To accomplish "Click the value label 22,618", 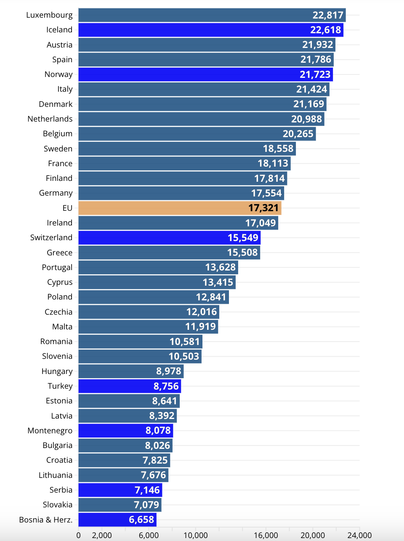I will point(325,30).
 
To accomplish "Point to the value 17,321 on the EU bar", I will point(263,208).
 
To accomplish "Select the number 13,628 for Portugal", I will point(220,267).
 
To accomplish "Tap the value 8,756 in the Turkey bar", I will point(166,386).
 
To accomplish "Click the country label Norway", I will point(58,74).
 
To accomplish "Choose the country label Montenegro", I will point(50,430).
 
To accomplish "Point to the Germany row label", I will point(56,193).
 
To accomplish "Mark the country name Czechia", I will point(58,312).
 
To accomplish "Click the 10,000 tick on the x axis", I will point(196,535).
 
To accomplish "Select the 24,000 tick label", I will point(359,535).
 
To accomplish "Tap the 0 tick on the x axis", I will point(79,535).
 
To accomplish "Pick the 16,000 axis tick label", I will point(266,535).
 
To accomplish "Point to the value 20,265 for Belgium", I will point(298,134).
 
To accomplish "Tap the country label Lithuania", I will point(56,475).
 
